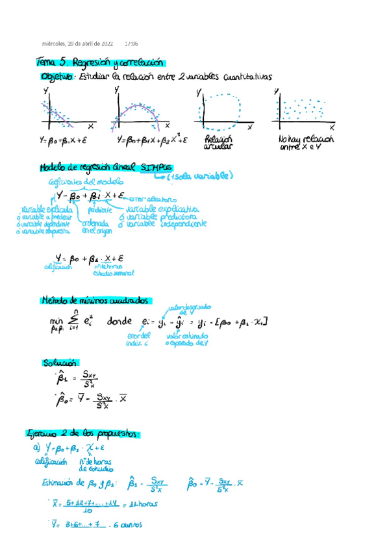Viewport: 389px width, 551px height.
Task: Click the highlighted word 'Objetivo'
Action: [x=57, y=77]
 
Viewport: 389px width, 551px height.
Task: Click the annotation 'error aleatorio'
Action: [x=152, y=198]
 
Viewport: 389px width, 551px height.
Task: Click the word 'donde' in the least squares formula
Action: [x=119, y=322]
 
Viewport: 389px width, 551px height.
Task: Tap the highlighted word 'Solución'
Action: [x=60, y=363]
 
